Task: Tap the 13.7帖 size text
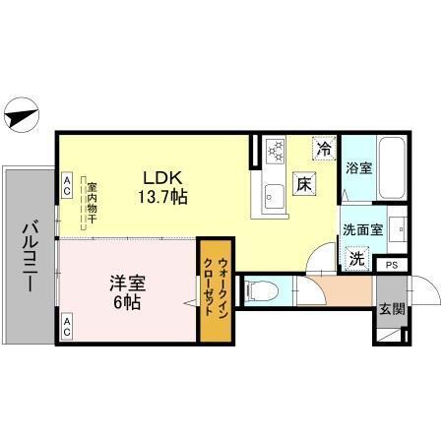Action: tap(162, 196)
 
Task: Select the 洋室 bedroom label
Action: tap(126, 283)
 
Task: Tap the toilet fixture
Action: tap(258, 290)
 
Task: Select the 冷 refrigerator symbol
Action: tap(323, 149)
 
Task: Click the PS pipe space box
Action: tap(391, 265)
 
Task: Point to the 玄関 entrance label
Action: tap(390, 308)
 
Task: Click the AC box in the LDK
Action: tap(67, 182)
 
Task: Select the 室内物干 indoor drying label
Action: tap(90, 202)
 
